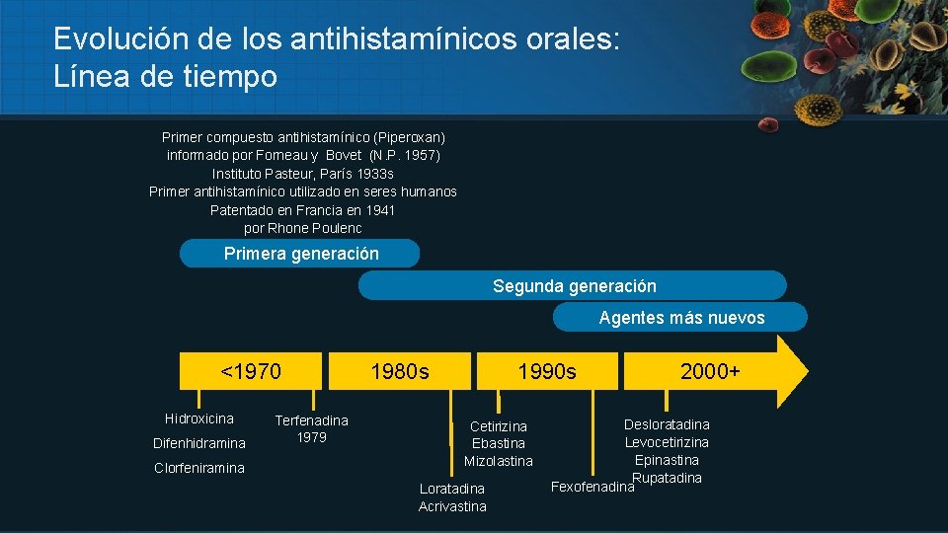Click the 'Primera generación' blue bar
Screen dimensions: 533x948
click(300, 254)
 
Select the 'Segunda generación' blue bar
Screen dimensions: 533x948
click(573, 286)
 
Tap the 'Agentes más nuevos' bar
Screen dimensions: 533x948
click(680, 318)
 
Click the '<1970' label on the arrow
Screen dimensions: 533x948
click(251, 372)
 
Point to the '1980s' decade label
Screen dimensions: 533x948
click(400, 372)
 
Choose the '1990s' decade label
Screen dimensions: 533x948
click(547, 372)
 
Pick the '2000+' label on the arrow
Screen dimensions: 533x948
click(710, 372)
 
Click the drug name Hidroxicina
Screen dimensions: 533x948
click(199, 419)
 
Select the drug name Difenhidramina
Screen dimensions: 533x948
click(199, 443)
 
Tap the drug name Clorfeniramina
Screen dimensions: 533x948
click(199, 468)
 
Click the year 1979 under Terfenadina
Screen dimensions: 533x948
click(312, 437)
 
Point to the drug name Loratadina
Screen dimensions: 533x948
click(452, 489)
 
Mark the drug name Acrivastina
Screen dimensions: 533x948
click(452, 506)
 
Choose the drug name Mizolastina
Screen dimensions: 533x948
click(499, 461)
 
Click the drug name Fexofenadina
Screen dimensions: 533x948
click(591, 487)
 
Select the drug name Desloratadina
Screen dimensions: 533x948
click(667, 424)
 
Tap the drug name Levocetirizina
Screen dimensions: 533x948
click(667, 442)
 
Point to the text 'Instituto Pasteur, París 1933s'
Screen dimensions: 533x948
click(303, 174)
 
